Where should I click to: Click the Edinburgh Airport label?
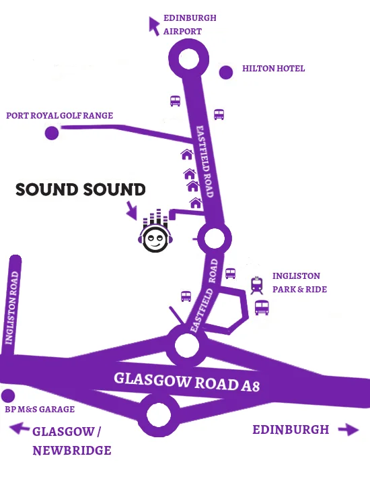pos(190,24)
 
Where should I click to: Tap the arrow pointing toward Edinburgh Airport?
pos(155,25)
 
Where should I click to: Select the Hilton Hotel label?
pos(273,69)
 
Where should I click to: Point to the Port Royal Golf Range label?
pos(59,116)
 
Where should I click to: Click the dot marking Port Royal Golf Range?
pos(51,133)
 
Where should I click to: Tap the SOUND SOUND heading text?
pos(81,190)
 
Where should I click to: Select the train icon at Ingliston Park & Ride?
pos(256,286)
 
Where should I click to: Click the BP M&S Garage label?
pos(40,409)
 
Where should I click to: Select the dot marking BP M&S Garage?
pos(8,396)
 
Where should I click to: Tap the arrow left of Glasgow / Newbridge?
pos(18,427)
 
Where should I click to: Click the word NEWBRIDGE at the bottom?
pos(72,451)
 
